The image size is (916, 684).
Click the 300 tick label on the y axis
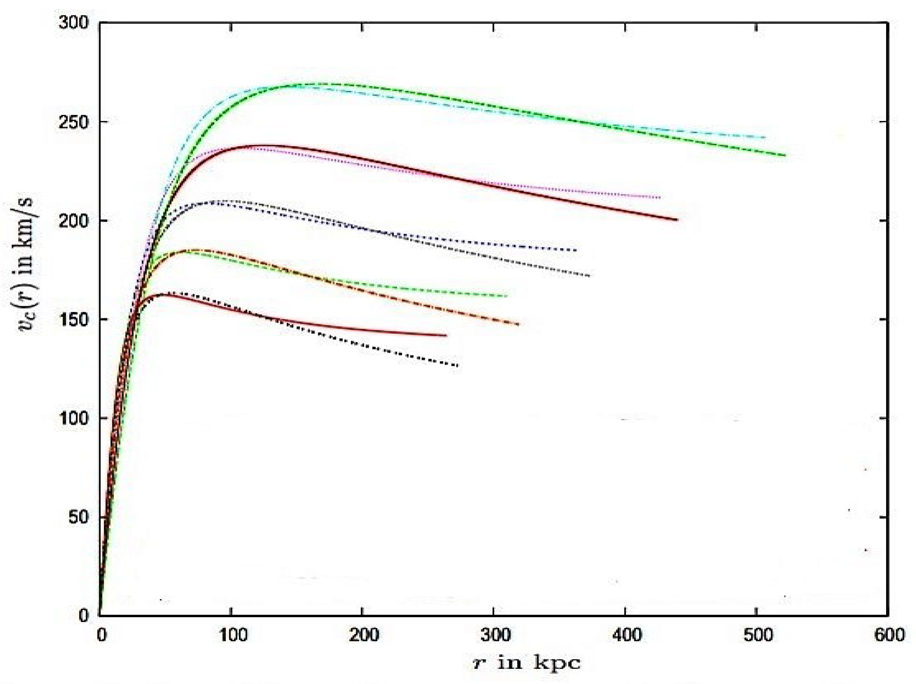tap(74, 23)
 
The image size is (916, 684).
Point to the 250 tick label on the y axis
tap(74, 122)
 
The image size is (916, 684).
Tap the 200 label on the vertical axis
tap(74, 220)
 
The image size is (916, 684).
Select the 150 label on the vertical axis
tap(74, 319)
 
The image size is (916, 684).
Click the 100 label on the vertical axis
tap(74, 418)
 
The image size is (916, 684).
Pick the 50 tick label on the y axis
tap(79, 517)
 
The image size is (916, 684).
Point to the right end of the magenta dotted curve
tap(659, 198)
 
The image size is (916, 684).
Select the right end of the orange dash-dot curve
tap(518, 324)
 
